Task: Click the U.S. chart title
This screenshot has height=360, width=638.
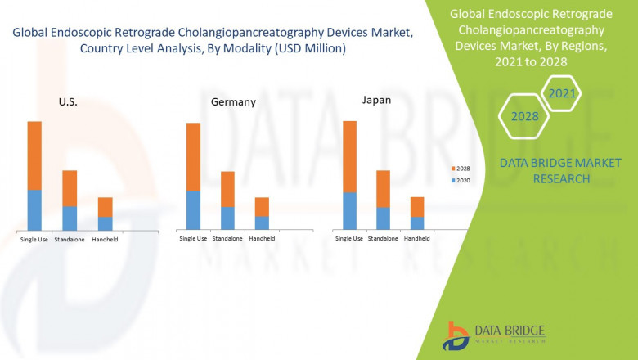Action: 68,101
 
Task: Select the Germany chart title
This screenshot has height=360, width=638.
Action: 233,102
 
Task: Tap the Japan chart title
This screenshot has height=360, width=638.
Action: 376,100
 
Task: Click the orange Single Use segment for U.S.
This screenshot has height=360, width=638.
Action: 34,155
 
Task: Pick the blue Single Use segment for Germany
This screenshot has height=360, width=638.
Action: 193,209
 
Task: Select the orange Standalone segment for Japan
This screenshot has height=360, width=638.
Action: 383,188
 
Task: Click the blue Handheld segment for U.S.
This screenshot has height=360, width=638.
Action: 105,223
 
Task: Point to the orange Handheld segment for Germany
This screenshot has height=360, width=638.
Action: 262,206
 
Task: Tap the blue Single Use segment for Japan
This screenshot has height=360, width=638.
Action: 349,210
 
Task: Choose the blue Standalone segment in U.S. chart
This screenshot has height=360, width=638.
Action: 70,218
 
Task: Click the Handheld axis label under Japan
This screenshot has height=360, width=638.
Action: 417,239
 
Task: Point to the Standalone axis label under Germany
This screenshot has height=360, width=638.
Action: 227,239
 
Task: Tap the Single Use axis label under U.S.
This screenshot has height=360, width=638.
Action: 34,240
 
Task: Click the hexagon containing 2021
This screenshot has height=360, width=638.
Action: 562,94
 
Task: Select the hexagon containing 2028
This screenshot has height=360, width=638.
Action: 524,117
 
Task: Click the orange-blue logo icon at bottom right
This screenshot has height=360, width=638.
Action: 455,335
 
